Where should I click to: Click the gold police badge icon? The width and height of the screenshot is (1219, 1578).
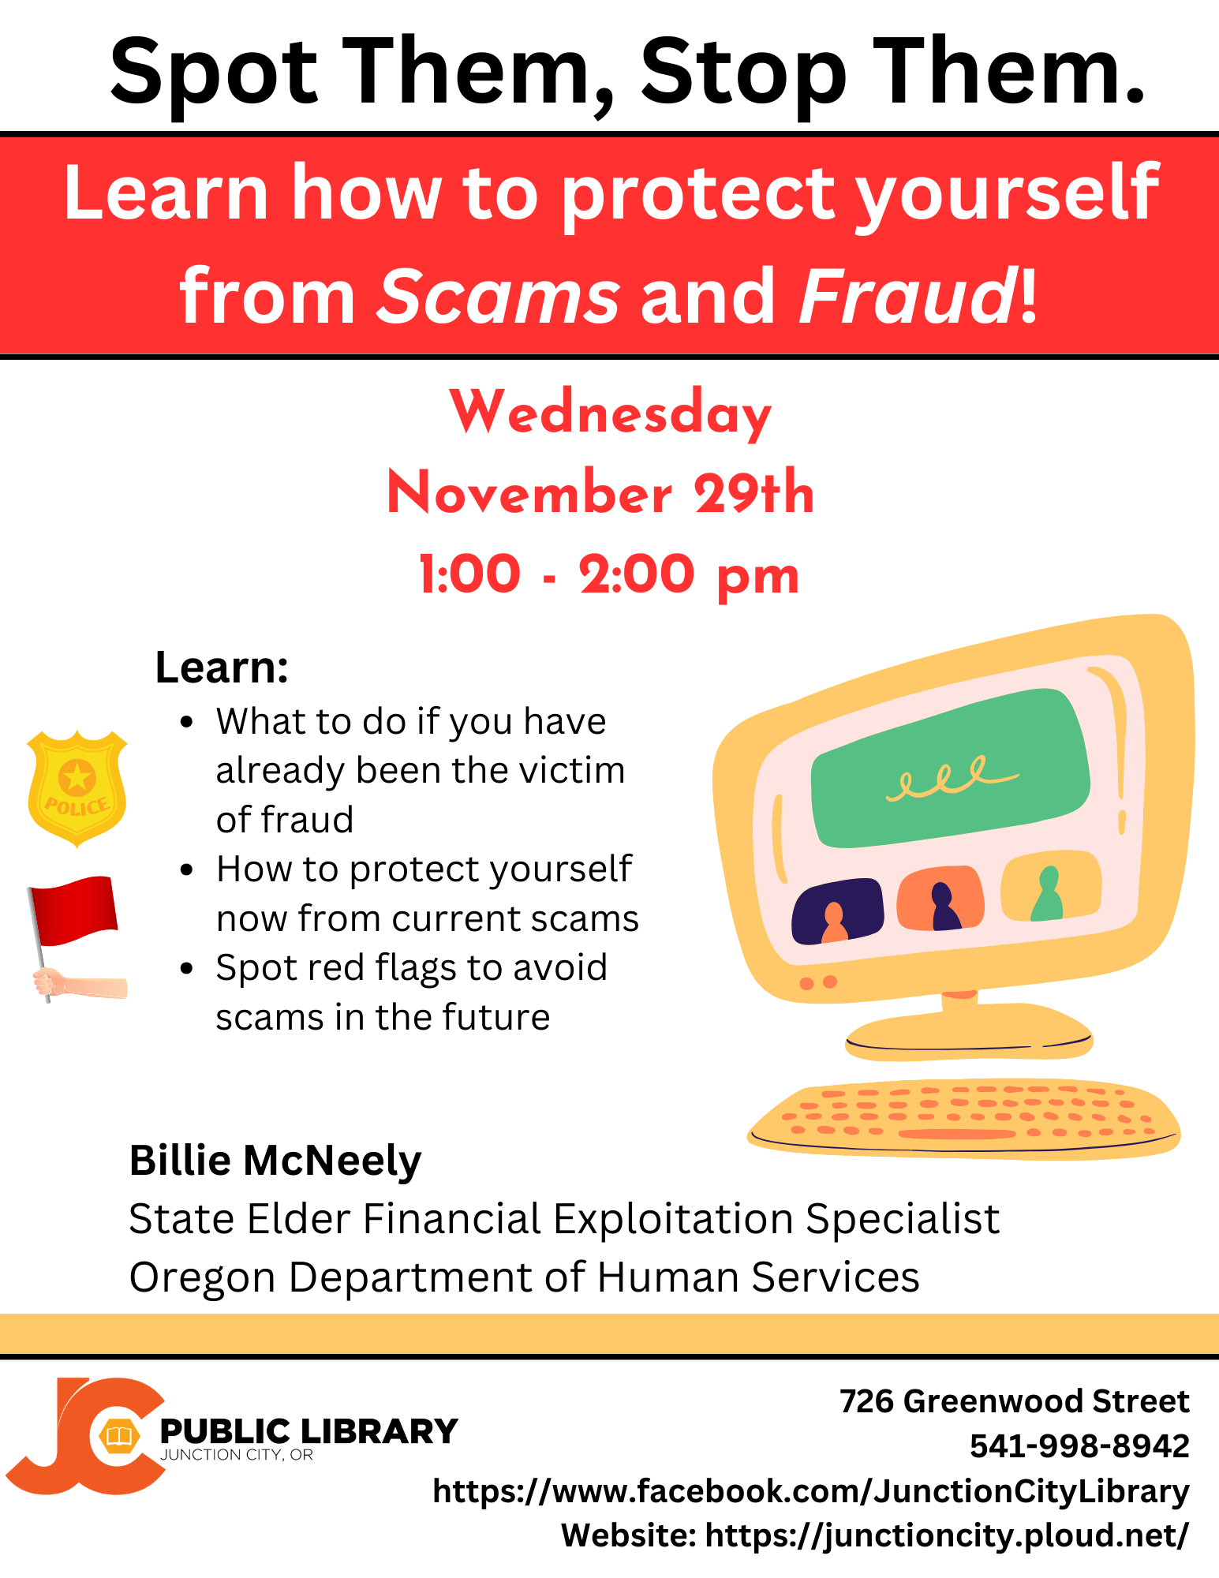77,788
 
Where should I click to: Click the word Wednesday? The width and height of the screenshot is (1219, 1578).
610,413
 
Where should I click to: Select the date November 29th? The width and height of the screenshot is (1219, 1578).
600,492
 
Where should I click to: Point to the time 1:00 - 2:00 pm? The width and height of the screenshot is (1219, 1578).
608,574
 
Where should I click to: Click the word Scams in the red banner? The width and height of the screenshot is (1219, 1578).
499,297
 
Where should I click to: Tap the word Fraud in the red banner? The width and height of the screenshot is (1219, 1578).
908,295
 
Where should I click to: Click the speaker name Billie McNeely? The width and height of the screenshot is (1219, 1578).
275,1161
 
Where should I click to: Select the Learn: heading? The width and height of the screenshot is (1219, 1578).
222,667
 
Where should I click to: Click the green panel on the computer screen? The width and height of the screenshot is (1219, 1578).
951,766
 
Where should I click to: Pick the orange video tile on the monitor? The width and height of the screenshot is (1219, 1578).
940,898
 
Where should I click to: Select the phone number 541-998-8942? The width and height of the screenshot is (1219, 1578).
1079,1445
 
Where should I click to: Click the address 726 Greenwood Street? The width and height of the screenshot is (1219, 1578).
1014,1401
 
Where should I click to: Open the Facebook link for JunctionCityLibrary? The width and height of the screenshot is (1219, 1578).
811,1491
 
